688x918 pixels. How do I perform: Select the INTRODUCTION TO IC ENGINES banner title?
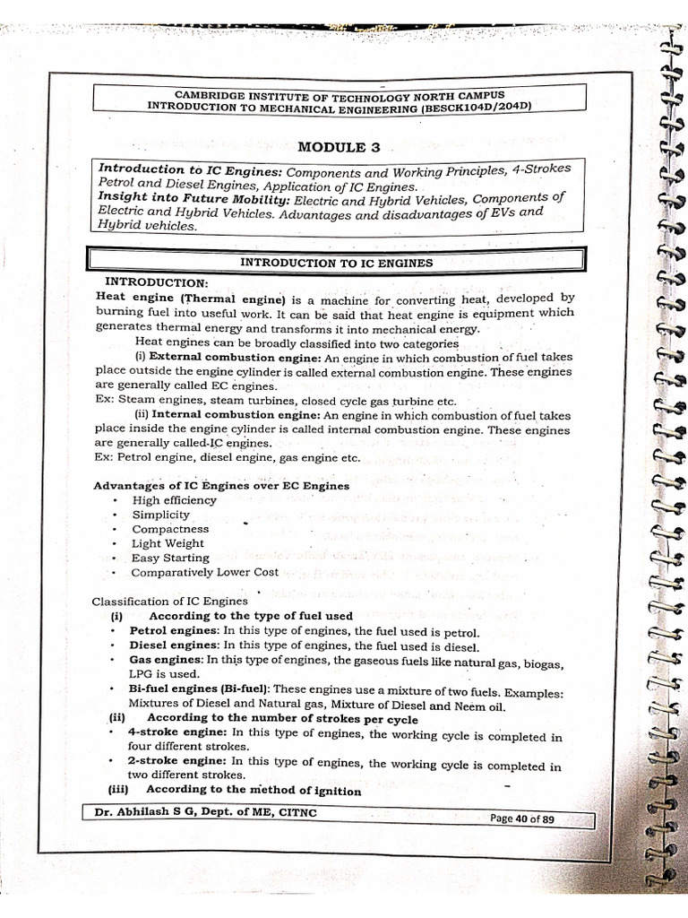338,263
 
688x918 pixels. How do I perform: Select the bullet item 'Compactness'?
170,529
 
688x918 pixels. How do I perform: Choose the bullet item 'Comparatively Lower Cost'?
205,572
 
